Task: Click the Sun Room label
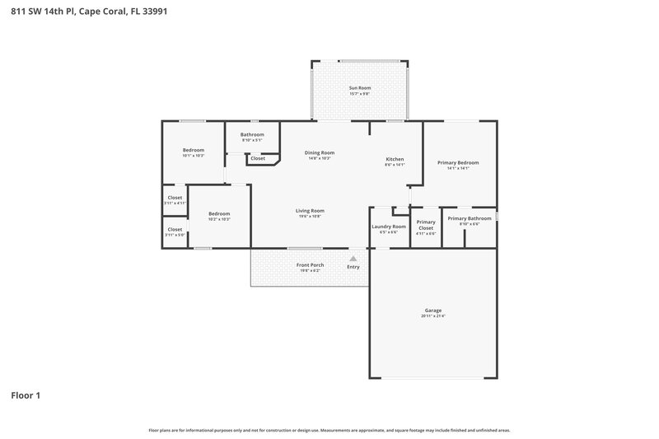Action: pos(359,86)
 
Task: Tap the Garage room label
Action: pos(433,310)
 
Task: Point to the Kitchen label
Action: pos(395,158)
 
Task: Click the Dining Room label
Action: pos(320,152)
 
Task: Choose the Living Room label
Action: pos(310,210)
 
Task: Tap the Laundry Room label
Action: pos(389,226)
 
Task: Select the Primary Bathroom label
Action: pos(470,218)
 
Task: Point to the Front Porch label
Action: pos(310,264)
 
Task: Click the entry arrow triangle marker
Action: pos(353,258)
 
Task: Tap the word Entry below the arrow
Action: pos(353,267)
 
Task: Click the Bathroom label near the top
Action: pos(252,134)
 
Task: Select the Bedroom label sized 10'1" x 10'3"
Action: pos(194,149)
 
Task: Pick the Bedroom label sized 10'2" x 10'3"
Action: pos(219,213)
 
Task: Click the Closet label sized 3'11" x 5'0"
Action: pos(175,229)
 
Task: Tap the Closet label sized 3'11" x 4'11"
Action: pos(175,198)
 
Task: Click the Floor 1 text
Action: pos(26,395)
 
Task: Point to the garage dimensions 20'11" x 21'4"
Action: pos(433,316)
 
